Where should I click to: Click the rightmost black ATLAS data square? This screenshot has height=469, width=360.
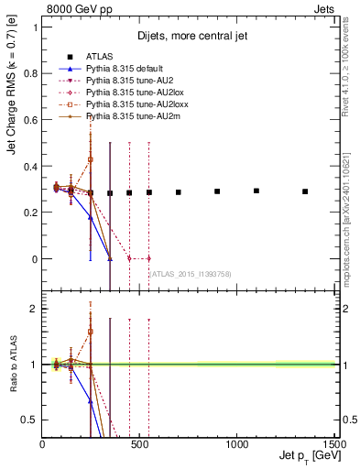pyautogui.click(x=305, y=191)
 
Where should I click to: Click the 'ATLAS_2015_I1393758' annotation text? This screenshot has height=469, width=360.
pyautogui.click(x=189, y=274)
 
